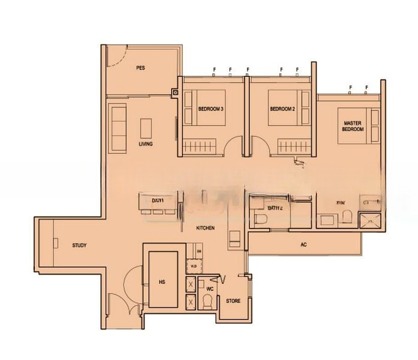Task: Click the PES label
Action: click(x=140, y=68)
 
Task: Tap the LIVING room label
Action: click(x=145, y=144)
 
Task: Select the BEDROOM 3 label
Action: click(x=211, y=109)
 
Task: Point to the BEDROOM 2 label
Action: click(x=282, y=109)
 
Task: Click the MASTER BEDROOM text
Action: click(x=353, y=125)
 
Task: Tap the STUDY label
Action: click(x=79, y=245)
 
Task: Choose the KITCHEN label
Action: click(x=205, y=229)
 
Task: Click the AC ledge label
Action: click(x=303, y=245)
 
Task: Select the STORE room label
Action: click(x=232, y=300)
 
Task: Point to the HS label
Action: click(x=162, y=280)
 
